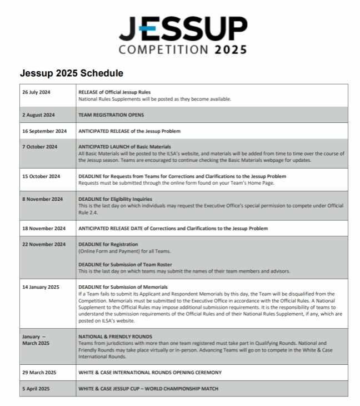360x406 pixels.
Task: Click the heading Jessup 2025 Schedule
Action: click(72, 73)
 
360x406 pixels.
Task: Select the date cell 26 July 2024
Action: click(37, 92)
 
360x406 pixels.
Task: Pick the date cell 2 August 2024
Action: click(39, 115)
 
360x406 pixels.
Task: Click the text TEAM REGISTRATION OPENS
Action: click(111, 115)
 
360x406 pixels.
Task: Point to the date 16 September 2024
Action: click(44, 131)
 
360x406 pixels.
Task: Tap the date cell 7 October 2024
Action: click(39, 147)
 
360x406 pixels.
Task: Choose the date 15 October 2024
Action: click(41, 176)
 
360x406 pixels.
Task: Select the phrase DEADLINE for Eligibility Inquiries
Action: click(115, 199)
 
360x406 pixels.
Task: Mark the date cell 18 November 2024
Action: click(43, 228)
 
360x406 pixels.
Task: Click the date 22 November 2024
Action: click(43, 244)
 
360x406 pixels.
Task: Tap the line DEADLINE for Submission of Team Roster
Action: click(125, 264)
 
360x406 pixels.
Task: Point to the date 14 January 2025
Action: click(41, 287)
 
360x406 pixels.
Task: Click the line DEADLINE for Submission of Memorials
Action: click(123, 287)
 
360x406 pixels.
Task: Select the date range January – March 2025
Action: click(36, 340)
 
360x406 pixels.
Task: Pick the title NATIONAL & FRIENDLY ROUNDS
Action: click(115, 336)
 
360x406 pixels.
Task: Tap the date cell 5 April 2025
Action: click(37, 388)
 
